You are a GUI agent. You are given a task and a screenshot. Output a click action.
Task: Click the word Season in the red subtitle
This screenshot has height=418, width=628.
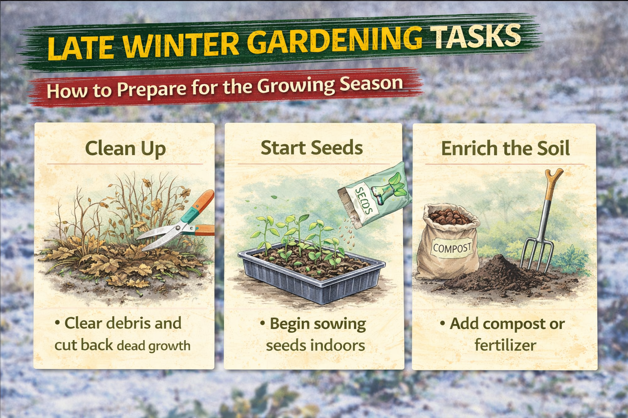click(x=371, y=84)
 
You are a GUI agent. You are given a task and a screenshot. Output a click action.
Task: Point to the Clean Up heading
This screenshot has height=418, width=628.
click(x=125, y=149)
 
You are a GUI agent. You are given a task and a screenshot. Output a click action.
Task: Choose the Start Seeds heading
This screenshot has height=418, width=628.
click(x=312, y=148)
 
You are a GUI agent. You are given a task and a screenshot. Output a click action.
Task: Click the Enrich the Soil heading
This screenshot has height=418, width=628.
click(x=505, y=149)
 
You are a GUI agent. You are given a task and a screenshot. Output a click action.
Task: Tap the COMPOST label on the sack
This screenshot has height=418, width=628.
click(x=452, y=248)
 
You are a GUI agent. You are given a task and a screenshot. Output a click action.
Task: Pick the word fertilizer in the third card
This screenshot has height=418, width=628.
click(x=505, y=345)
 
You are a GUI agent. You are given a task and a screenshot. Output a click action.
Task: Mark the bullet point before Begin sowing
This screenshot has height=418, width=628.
click(x=263, y=323)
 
